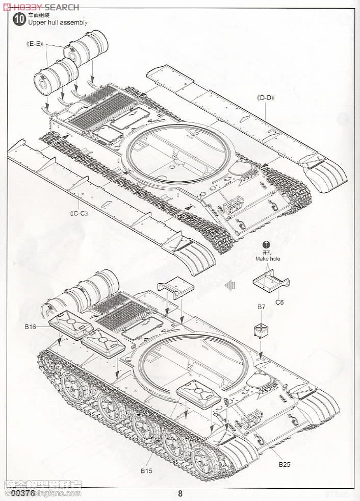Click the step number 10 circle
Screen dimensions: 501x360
pos(18,19)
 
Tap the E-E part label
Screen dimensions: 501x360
pos(35,44)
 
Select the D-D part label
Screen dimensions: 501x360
pos(266,98)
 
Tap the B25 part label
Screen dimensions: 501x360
pos(284,464)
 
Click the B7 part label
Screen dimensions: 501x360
pos(261,307)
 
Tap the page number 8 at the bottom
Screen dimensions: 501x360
pos(181,493)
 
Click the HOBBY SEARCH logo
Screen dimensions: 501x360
pos(41,7)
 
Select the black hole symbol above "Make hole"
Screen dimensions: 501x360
pos(266,245)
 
